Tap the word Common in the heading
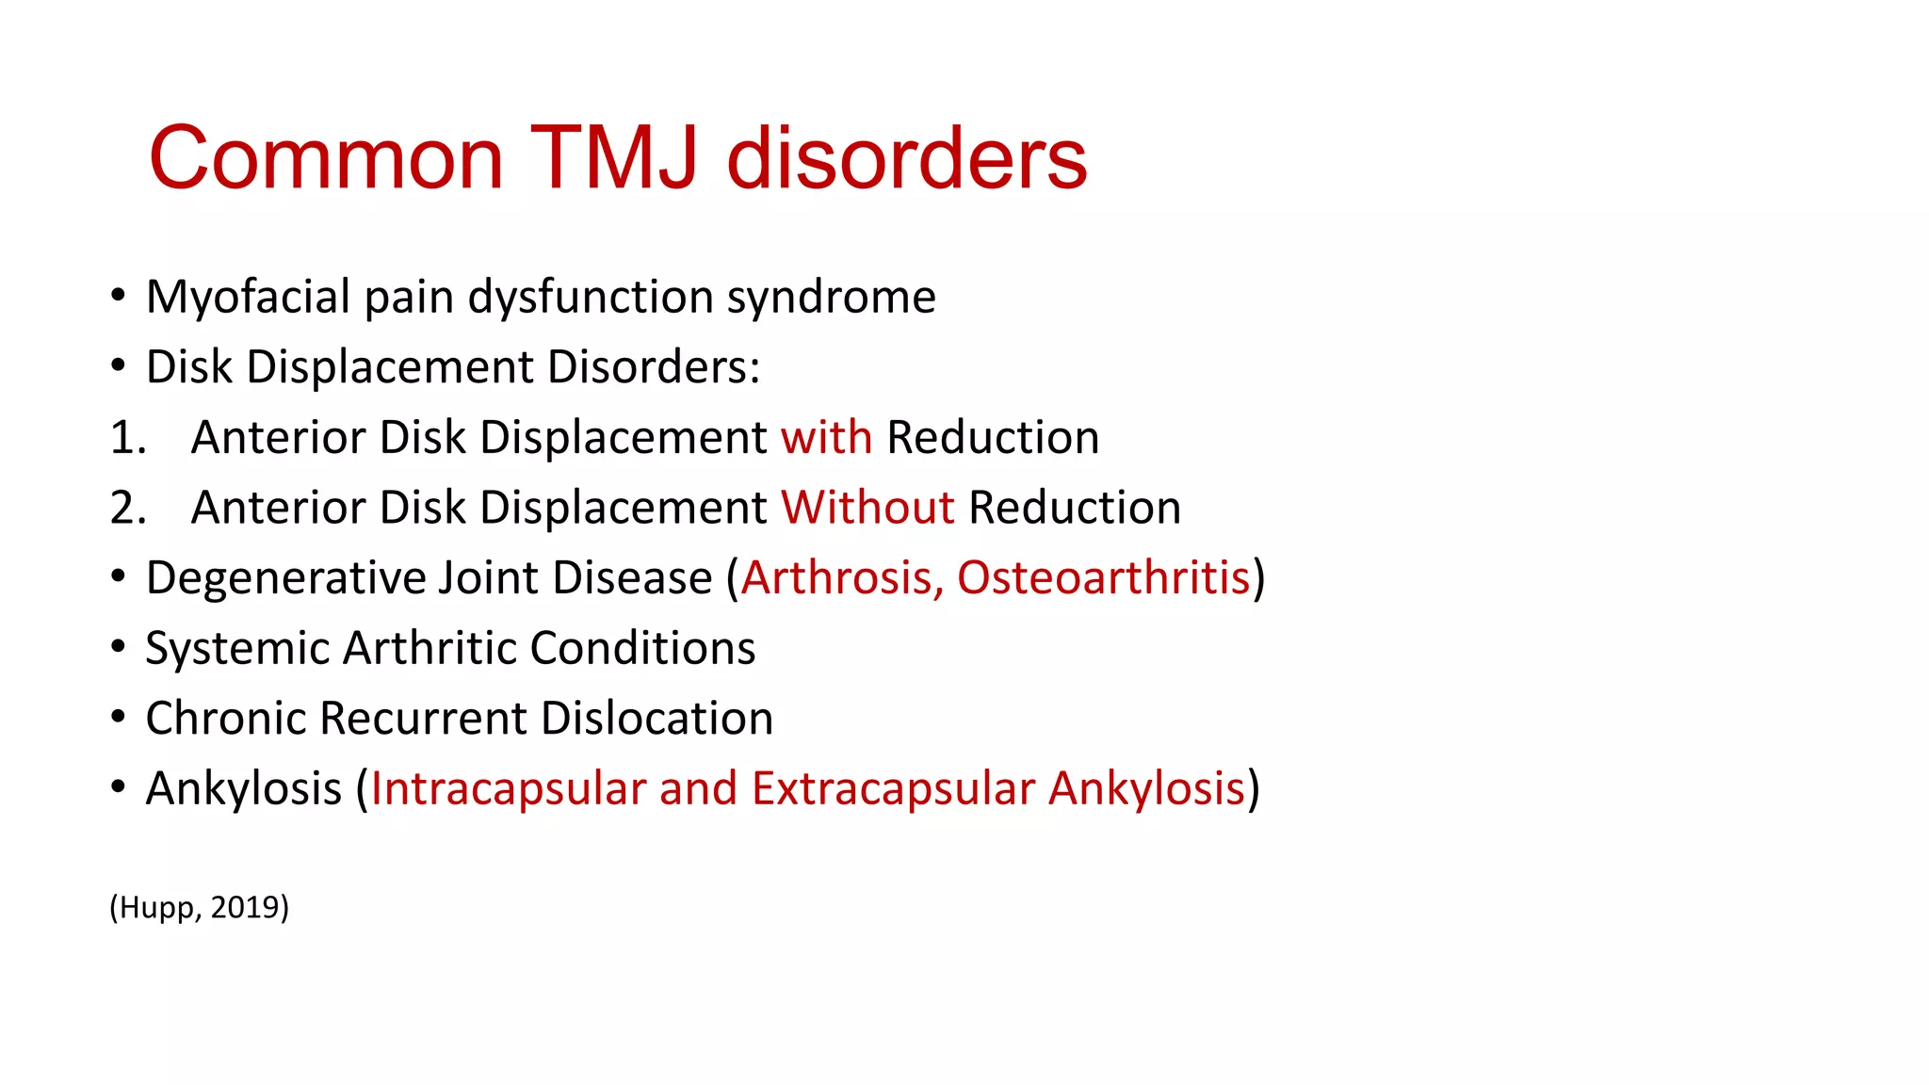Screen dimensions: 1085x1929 click(x=326, y=157)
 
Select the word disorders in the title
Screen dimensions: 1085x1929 click(x=907, y=157)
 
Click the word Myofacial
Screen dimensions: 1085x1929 click(x=248, y=297)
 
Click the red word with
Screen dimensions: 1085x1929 click(x=826, y=437)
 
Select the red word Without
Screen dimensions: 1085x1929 click(x=867, y=508)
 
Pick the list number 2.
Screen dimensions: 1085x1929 click(x=127, y=509)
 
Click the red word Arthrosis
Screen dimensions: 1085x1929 click(x=842, y=577)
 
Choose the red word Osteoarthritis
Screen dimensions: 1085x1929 click(x=1103, y=577)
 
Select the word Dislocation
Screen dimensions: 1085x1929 click(x=657, y=719)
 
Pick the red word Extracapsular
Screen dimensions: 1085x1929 click(x=893, y=788)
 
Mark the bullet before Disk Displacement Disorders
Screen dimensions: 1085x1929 click(x=118, y=366)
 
